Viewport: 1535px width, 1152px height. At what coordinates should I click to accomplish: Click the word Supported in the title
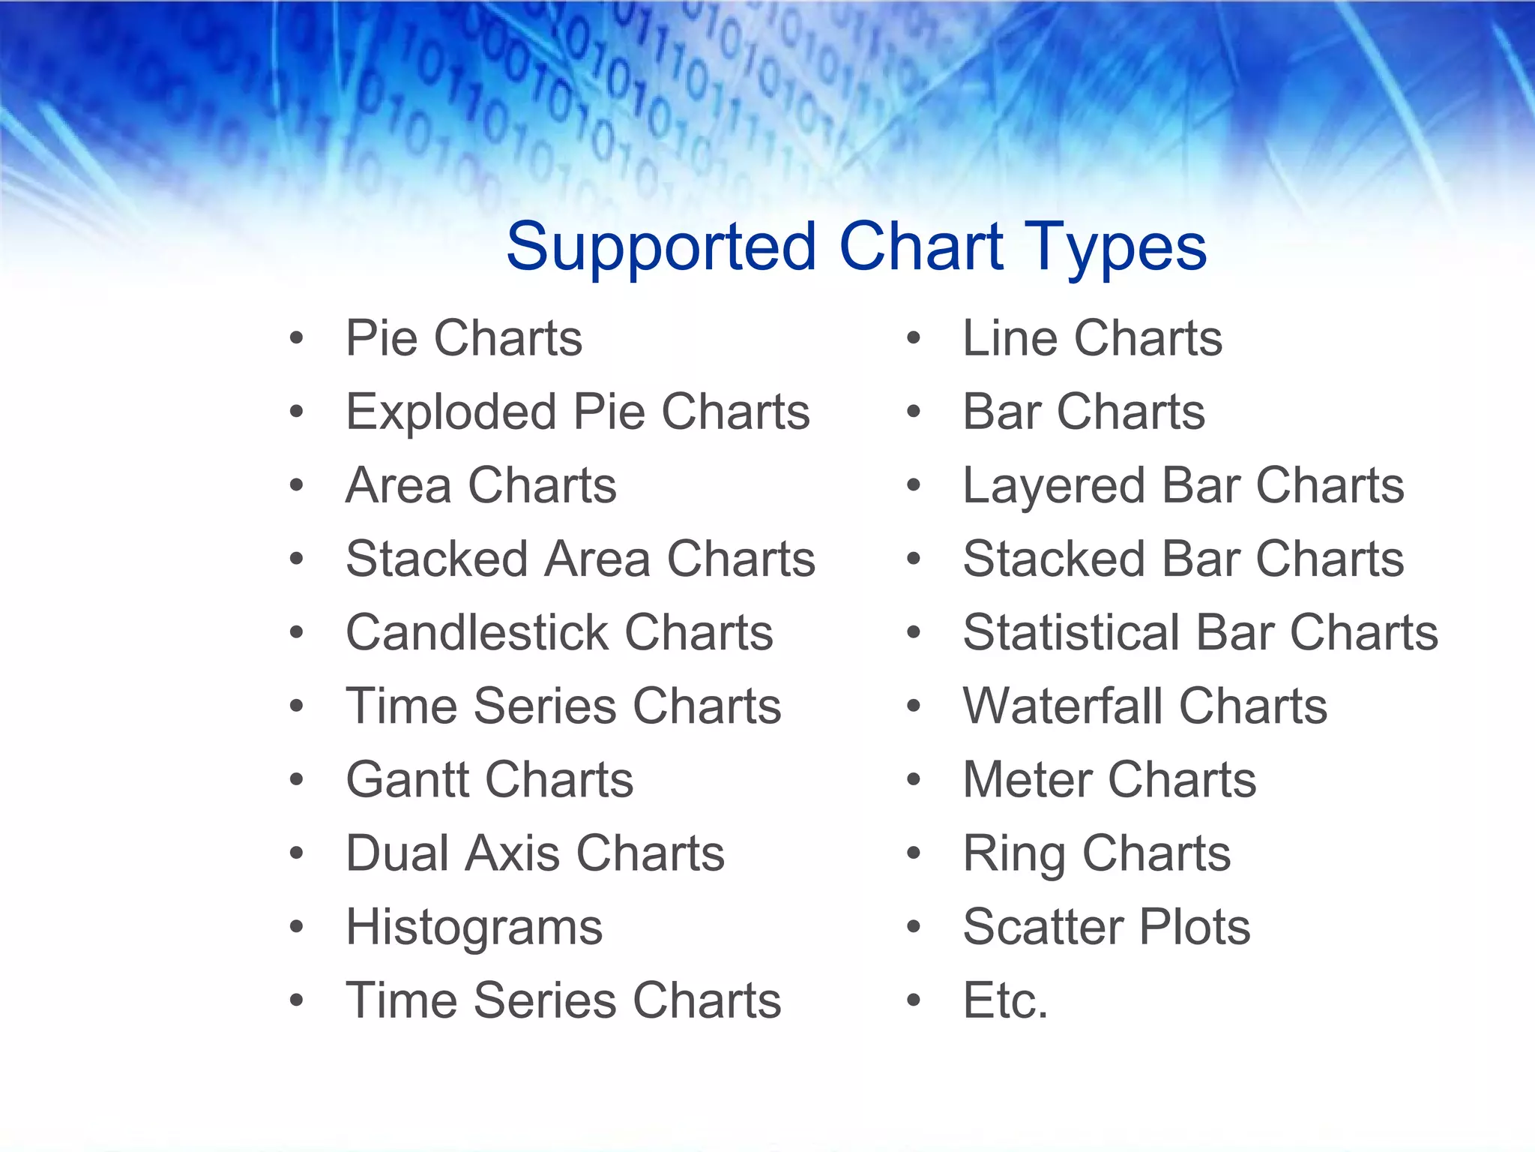coord(660,247)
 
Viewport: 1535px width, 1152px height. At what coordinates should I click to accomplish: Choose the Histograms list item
coord(474,928)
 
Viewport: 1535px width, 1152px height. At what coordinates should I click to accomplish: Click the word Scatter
coord(1042,927)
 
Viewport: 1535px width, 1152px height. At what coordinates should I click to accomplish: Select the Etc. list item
coord(1005,1000)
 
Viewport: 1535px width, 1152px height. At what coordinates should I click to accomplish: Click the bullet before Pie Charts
coord(297,338)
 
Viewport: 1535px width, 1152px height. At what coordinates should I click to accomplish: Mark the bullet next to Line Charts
coord(913,338)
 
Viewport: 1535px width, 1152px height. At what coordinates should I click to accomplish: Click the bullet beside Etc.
coord(913,1000)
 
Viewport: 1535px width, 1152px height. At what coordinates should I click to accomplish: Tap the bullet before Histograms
coord(297,927)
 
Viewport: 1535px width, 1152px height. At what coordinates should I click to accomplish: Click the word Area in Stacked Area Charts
coord(597,559)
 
